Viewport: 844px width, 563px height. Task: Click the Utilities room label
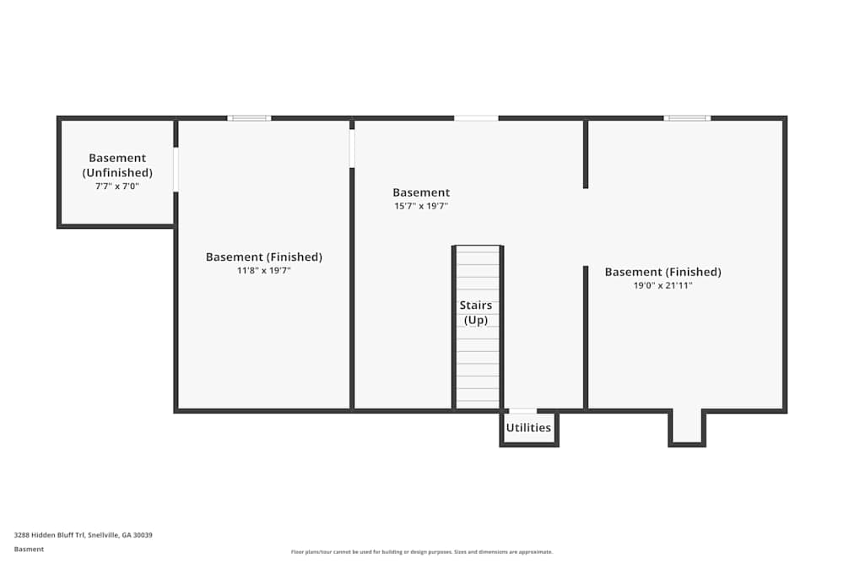click(528, 427)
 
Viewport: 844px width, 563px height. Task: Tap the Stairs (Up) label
click(476, 312)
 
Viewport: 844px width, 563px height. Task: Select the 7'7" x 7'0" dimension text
click(117, 187)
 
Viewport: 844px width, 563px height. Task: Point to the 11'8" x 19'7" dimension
click(263, 270)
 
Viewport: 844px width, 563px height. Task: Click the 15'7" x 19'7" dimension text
click(421, 206)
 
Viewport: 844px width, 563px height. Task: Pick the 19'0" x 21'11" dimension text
click(663, 285)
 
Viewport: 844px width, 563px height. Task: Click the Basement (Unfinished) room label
click(117, 165)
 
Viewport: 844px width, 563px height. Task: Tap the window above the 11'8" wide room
click(249, 118)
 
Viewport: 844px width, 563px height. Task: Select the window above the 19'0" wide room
click(687, 118)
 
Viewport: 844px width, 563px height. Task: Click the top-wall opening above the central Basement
click(476, 118)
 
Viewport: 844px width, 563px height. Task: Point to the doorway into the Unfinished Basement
click(176, 169)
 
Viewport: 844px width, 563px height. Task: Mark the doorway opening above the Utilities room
click(522, 411)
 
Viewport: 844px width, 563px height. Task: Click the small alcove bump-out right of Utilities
click(687, 428)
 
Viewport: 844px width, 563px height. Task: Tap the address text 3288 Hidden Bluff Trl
click(49, 535)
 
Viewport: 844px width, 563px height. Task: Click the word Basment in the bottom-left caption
click(29, 549)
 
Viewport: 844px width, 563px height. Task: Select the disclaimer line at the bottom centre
click(422, 552)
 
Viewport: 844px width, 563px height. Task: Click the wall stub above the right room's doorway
click(586, 154)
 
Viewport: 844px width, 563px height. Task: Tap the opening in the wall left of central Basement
click(352, 149)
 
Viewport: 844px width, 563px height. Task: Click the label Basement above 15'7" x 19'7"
click(421, 192)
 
